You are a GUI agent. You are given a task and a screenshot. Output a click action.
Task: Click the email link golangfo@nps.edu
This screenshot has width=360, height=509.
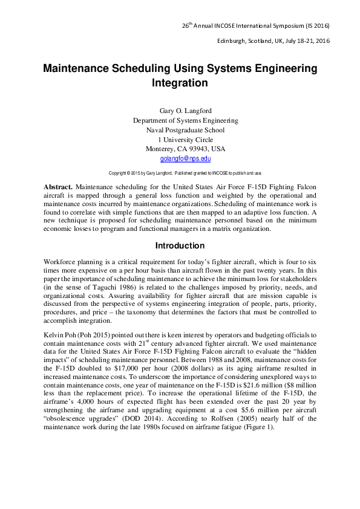[185, 159]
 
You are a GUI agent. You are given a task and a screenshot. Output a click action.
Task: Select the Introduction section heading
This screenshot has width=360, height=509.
[180, 246]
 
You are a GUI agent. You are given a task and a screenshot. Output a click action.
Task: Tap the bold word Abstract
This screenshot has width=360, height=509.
[59, 188]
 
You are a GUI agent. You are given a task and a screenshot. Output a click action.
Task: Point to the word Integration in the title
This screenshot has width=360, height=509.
[180, 83]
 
